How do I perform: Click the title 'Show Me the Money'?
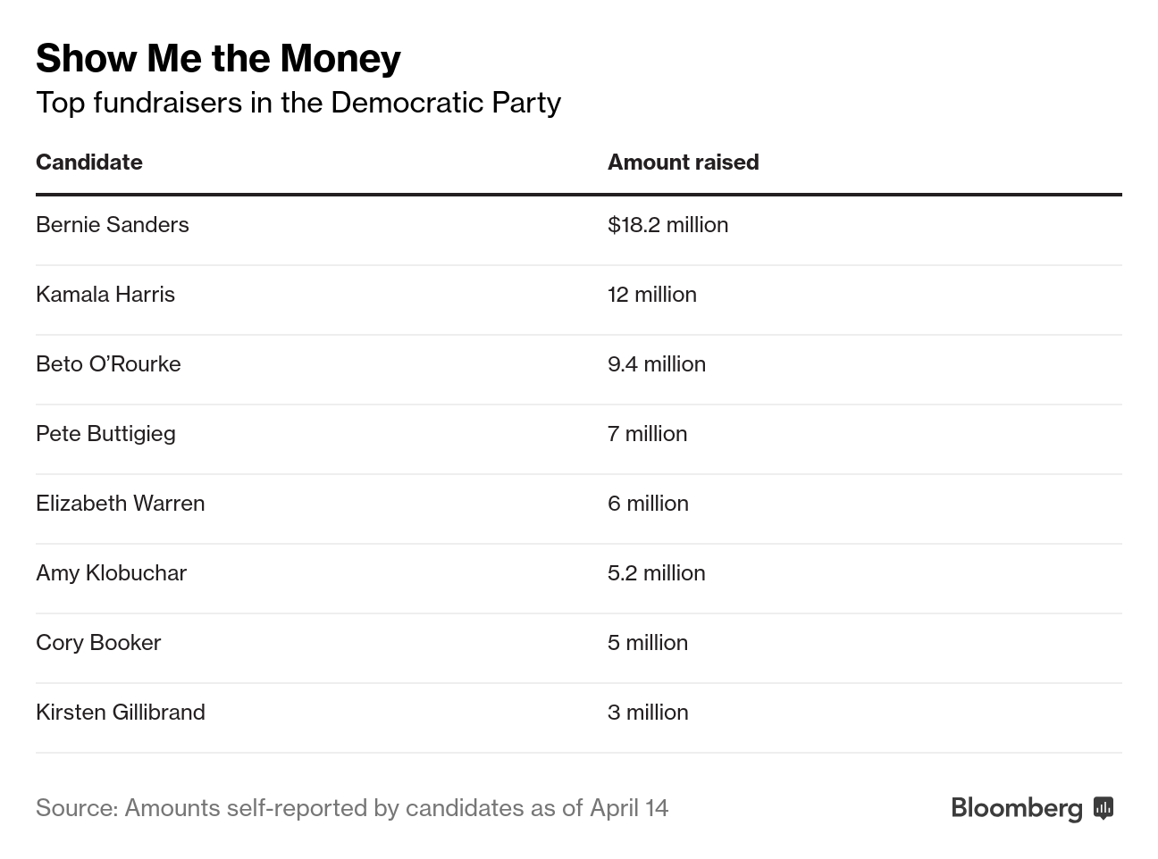tap(218, 59)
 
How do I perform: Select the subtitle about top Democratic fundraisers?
tap(298, 103)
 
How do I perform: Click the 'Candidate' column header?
tap(89, 163)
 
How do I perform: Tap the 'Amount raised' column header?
tap(683, 163)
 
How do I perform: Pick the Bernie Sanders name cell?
tap(113, 225)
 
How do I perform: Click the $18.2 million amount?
tap(667, 225)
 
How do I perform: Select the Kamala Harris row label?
tap(105, 295)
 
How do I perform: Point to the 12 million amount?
tap(651, 295)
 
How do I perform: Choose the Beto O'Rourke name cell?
tap(108, 364)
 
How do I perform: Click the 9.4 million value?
tap(656, 364)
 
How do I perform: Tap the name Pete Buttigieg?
tap(105, 434)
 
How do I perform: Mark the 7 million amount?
tap(647, 434)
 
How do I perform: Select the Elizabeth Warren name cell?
tap(120, 504)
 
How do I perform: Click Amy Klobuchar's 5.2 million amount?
tap(656, 573)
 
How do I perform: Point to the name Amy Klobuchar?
tap(111, 573)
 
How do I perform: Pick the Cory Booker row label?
tap(98, 643)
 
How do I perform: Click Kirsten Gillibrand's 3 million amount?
tap(648, 713)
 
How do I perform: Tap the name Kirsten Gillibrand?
tap(121, 713)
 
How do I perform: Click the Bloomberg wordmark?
tap(1017, 808)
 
